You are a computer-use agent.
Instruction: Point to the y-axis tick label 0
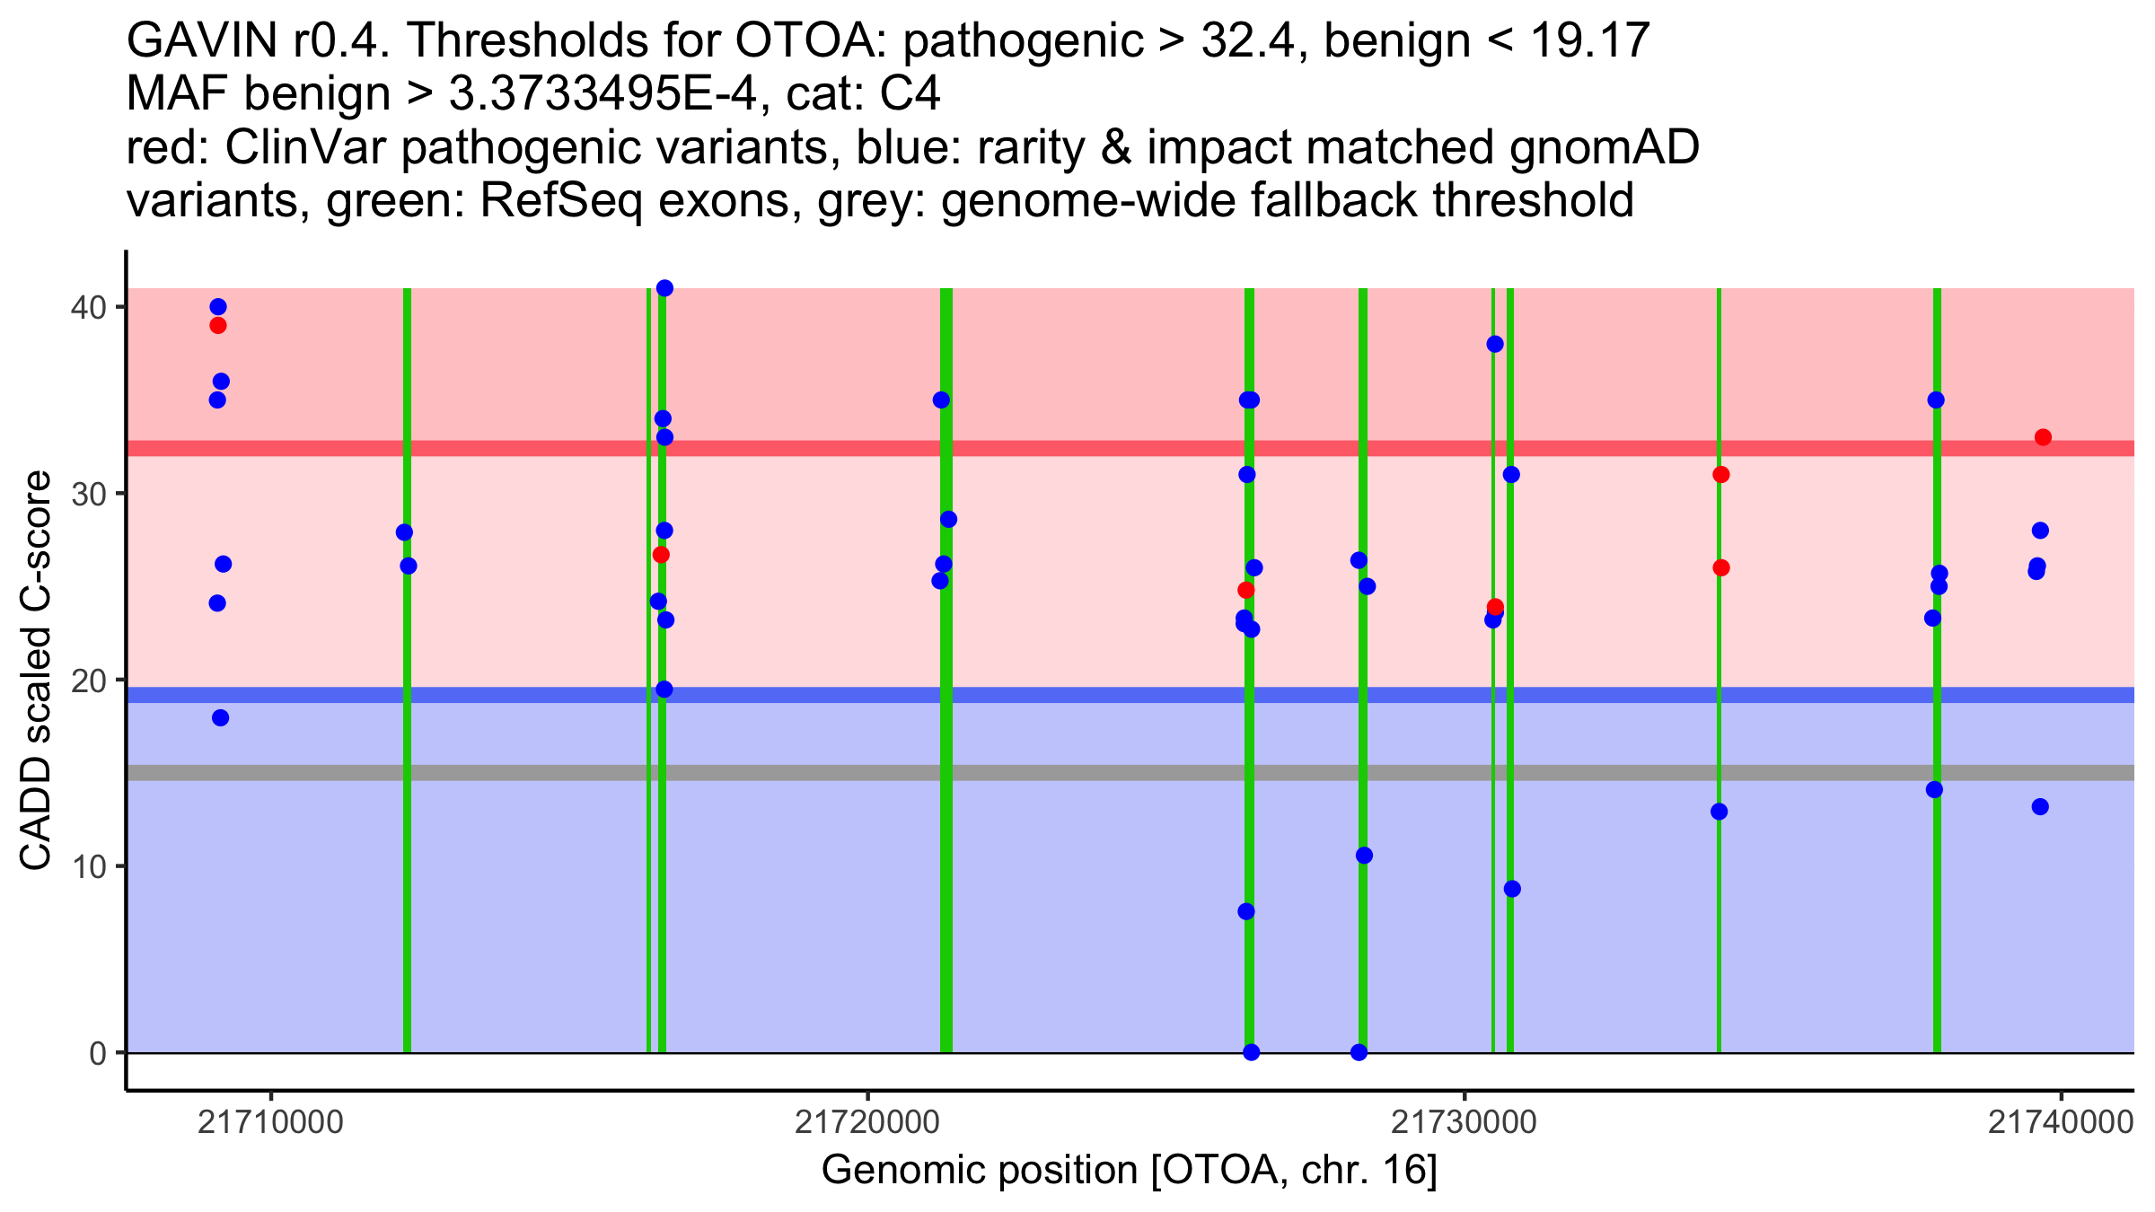tap(97, 1053)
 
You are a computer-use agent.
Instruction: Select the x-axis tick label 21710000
tap(270, 1122)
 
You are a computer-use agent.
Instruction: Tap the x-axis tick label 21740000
tap(2060, 1122)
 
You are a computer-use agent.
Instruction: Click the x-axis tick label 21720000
tap(867, 1122)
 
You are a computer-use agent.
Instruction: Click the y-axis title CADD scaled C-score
tap(36, 672)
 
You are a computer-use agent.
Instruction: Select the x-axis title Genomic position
tap(1130, 1170)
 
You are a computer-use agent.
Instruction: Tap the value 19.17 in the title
tap(1589, 40)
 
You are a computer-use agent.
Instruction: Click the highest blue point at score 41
tap(664, 288)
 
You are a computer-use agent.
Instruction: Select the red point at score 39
tap(218, 325)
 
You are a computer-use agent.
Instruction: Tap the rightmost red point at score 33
tap(2043, 437)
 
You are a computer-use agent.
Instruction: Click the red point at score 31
tap(1720, 474)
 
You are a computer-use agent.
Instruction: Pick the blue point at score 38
tap(1494, 344)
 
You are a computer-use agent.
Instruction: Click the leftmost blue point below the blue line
tap(220, 717)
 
